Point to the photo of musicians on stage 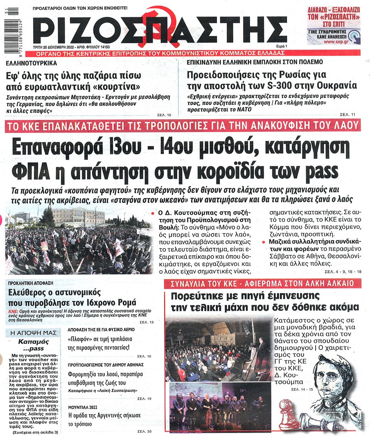pyautogui.click(x=218, y=405)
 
